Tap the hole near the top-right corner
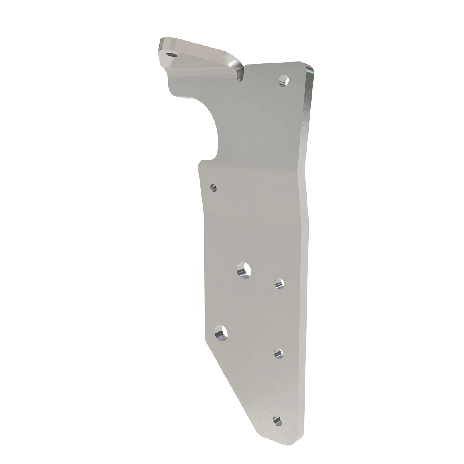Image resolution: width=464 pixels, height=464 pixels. click(284, 80)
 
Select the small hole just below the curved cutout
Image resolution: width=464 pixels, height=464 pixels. click(213, 188)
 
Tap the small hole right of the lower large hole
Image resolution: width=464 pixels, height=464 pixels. click(278, 353)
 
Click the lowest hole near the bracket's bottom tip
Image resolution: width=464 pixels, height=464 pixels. click(277, 420)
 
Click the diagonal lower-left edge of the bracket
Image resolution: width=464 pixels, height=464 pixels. click(232, 387)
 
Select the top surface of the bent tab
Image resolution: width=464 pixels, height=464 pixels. click(197, 52)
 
